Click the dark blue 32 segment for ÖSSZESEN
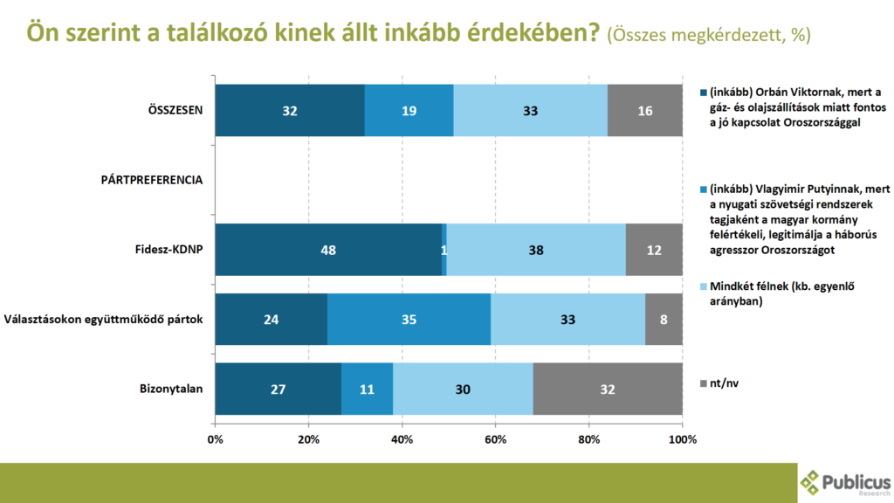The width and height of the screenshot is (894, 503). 290,111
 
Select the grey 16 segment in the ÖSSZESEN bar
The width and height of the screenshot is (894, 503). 644,111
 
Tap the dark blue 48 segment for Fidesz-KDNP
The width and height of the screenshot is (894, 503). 328,250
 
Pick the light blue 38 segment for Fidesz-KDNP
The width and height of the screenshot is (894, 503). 536,250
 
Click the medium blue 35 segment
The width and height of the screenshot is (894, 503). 409,319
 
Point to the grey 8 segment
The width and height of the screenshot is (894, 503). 664,319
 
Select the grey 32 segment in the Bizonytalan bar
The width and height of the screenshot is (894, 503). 607,388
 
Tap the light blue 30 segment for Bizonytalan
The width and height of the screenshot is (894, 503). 463,388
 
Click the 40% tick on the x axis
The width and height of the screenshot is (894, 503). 402,439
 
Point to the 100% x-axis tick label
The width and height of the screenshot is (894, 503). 683,439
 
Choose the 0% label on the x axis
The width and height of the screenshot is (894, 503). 215,439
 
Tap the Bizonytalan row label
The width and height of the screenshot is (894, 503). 171,388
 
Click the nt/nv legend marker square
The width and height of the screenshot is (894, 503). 703,382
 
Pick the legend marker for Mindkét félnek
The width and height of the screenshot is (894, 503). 703,286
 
